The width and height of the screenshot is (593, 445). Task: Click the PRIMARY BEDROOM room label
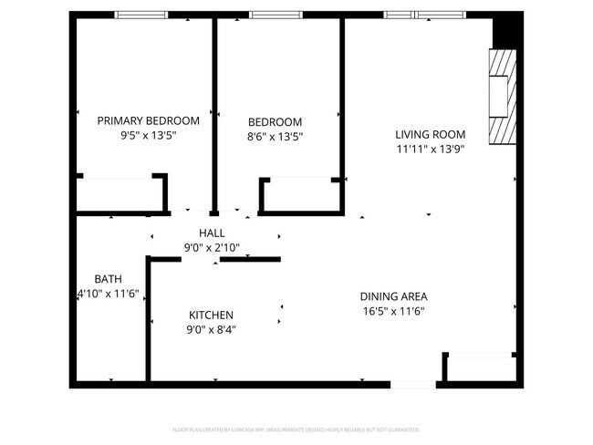148,120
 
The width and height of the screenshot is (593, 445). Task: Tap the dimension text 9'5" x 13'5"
148,135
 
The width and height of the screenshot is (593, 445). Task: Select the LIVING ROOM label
431,134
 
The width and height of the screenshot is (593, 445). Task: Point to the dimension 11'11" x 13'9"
431,149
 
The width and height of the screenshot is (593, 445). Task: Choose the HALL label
212,233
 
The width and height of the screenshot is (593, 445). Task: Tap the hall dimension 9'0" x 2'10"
212,248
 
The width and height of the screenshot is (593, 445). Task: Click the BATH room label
108,279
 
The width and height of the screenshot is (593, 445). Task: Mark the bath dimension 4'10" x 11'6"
108,294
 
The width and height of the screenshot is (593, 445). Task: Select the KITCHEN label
211,314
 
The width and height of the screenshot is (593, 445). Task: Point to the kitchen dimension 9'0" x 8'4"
211,328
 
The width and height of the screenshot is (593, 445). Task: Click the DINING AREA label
393,296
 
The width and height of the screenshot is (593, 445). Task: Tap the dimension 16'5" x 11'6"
393,311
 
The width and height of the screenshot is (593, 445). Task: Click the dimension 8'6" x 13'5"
275,136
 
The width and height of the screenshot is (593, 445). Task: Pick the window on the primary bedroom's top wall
140,15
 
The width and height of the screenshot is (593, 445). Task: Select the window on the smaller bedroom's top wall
276,15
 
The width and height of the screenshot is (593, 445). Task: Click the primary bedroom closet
120,195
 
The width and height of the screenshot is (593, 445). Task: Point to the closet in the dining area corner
480,367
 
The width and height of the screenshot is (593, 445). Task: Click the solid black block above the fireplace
505,33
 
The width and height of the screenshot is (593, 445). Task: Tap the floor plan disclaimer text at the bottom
296,429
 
